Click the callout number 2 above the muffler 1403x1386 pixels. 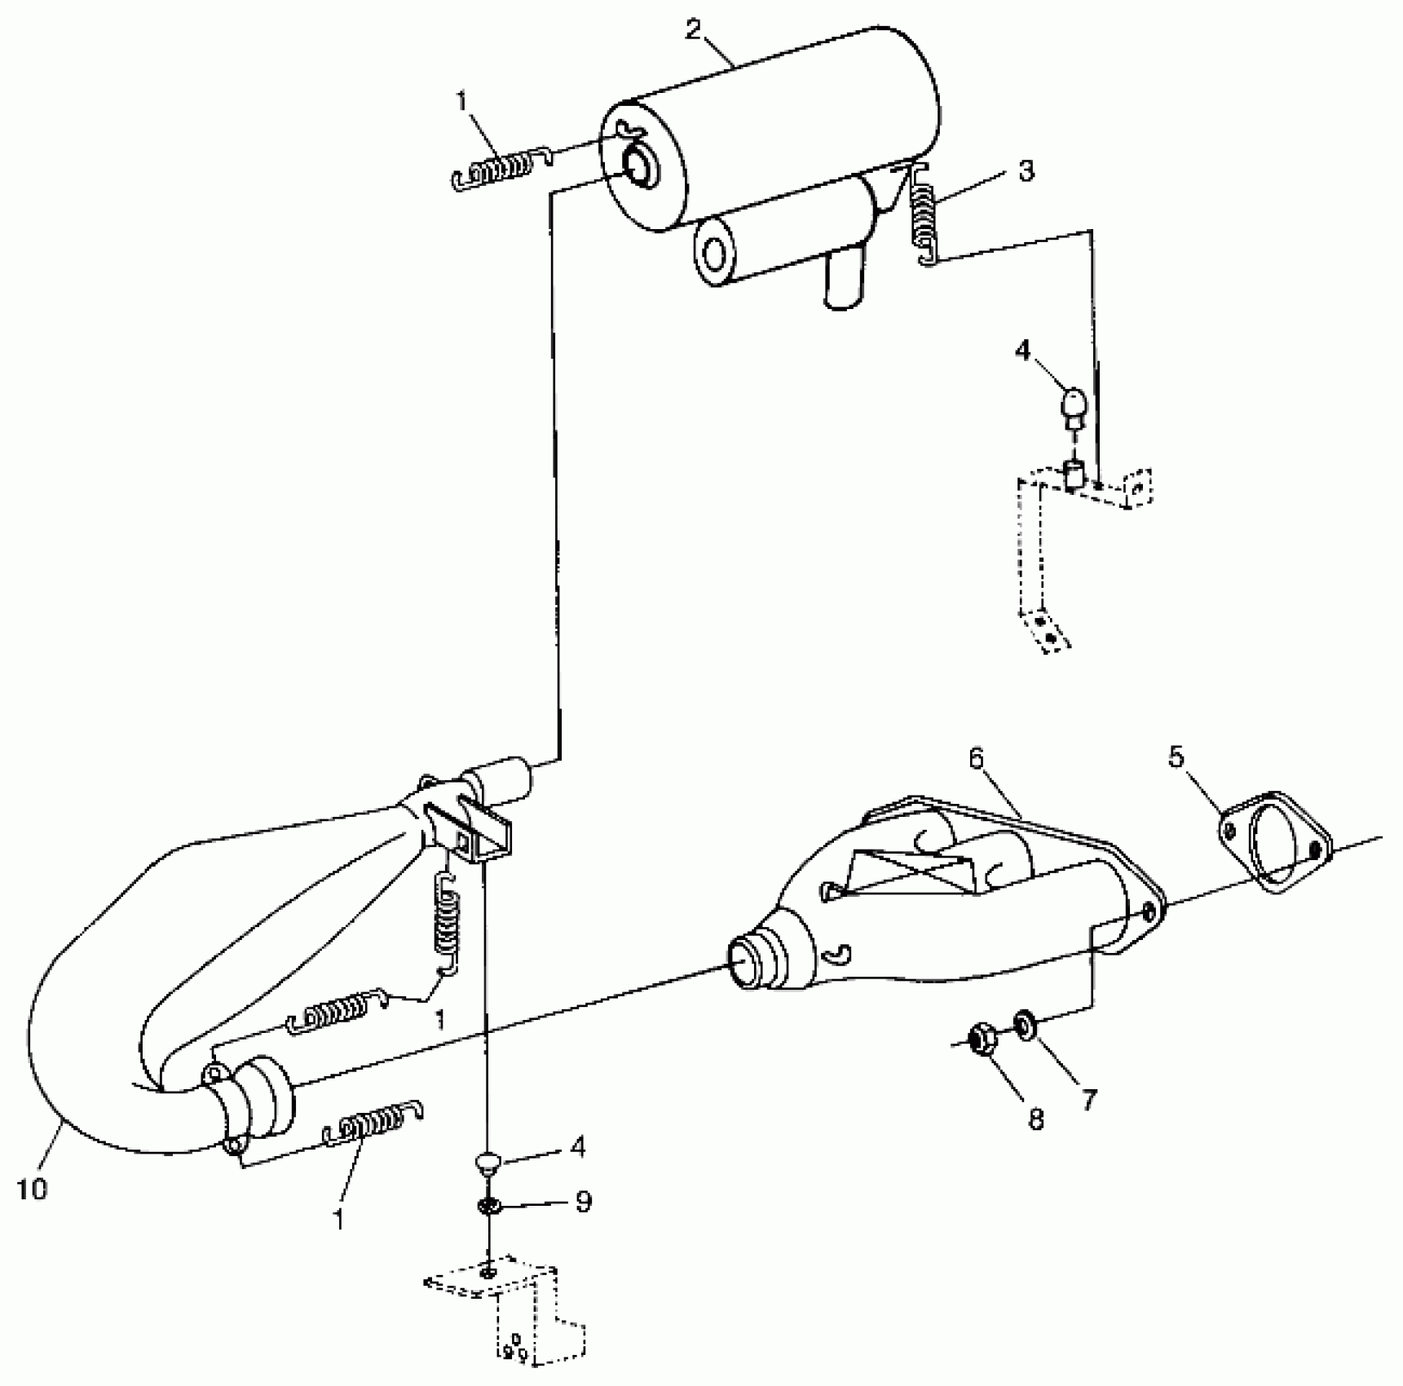tap(693, 31)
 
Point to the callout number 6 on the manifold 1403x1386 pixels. tap(977, 759)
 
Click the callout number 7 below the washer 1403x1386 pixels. tap(1088, 1099)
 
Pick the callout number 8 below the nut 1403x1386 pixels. tap(1035, 1119)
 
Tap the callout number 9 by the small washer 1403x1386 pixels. tap(583, 1202)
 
